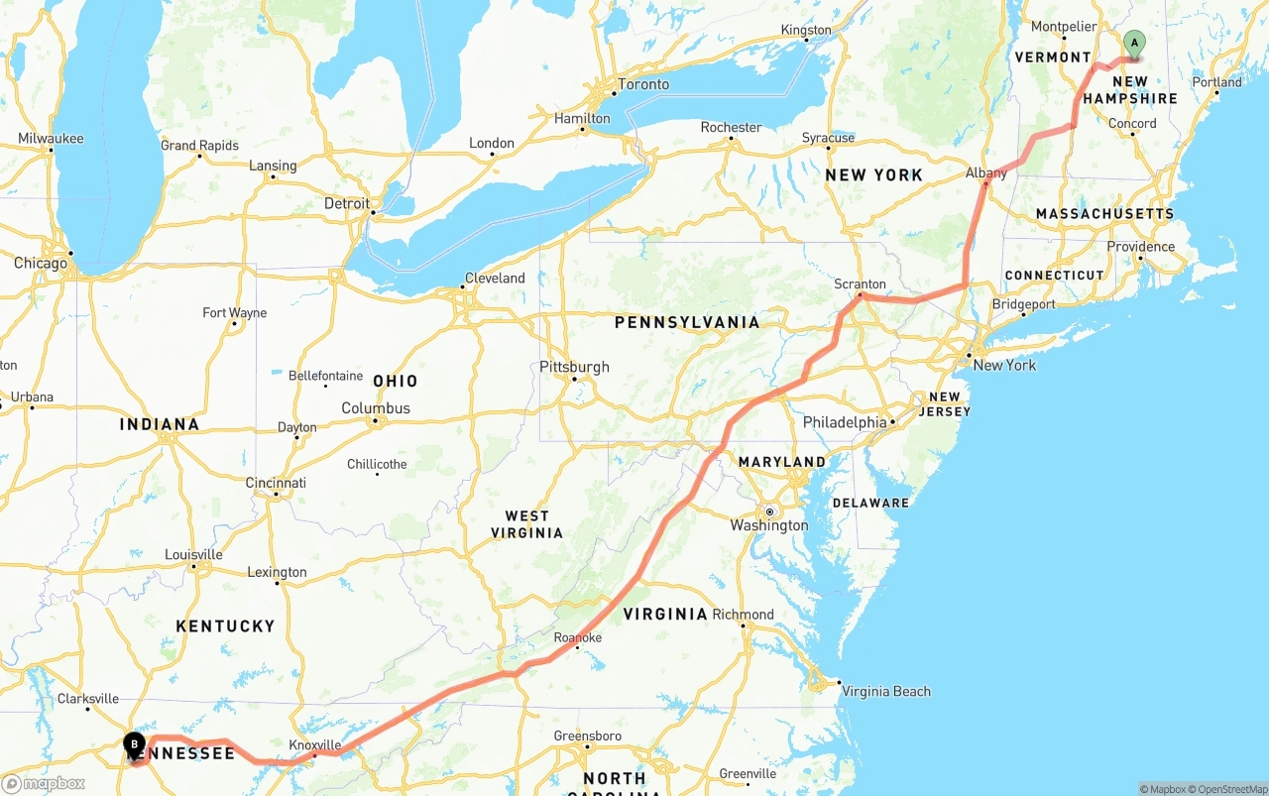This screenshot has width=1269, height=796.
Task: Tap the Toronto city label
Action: (643, 84)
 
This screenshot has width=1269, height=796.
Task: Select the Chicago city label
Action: (41, 263)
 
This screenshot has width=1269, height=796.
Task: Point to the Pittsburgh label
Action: (575, 367)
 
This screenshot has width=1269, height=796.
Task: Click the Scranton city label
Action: (860, 284)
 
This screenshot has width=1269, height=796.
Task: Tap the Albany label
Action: (986, 172)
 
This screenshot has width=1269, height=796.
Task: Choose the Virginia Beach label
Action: (886, 691)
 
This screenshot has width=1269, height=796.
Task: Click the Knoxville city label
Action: (314, 744)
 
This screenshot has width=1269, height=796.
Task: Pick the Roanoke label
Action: (578, 637)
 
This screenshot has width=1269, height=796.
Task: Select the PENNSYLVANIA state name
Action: (687, 322)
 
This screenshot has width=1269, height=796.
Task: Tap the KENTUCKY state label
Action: (225, 625)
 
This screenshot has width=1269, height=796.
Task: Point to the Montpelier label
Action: (1064, 27)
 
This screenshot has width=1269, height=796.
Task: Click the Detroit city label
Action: (347, 203)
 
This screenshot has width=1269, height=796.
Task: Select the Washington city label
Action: (769, 525)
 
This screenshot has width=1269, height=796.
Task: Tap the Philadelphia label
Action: (845, 422)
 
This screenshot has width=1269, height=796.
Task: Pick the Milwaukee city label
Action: (51, 139)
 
